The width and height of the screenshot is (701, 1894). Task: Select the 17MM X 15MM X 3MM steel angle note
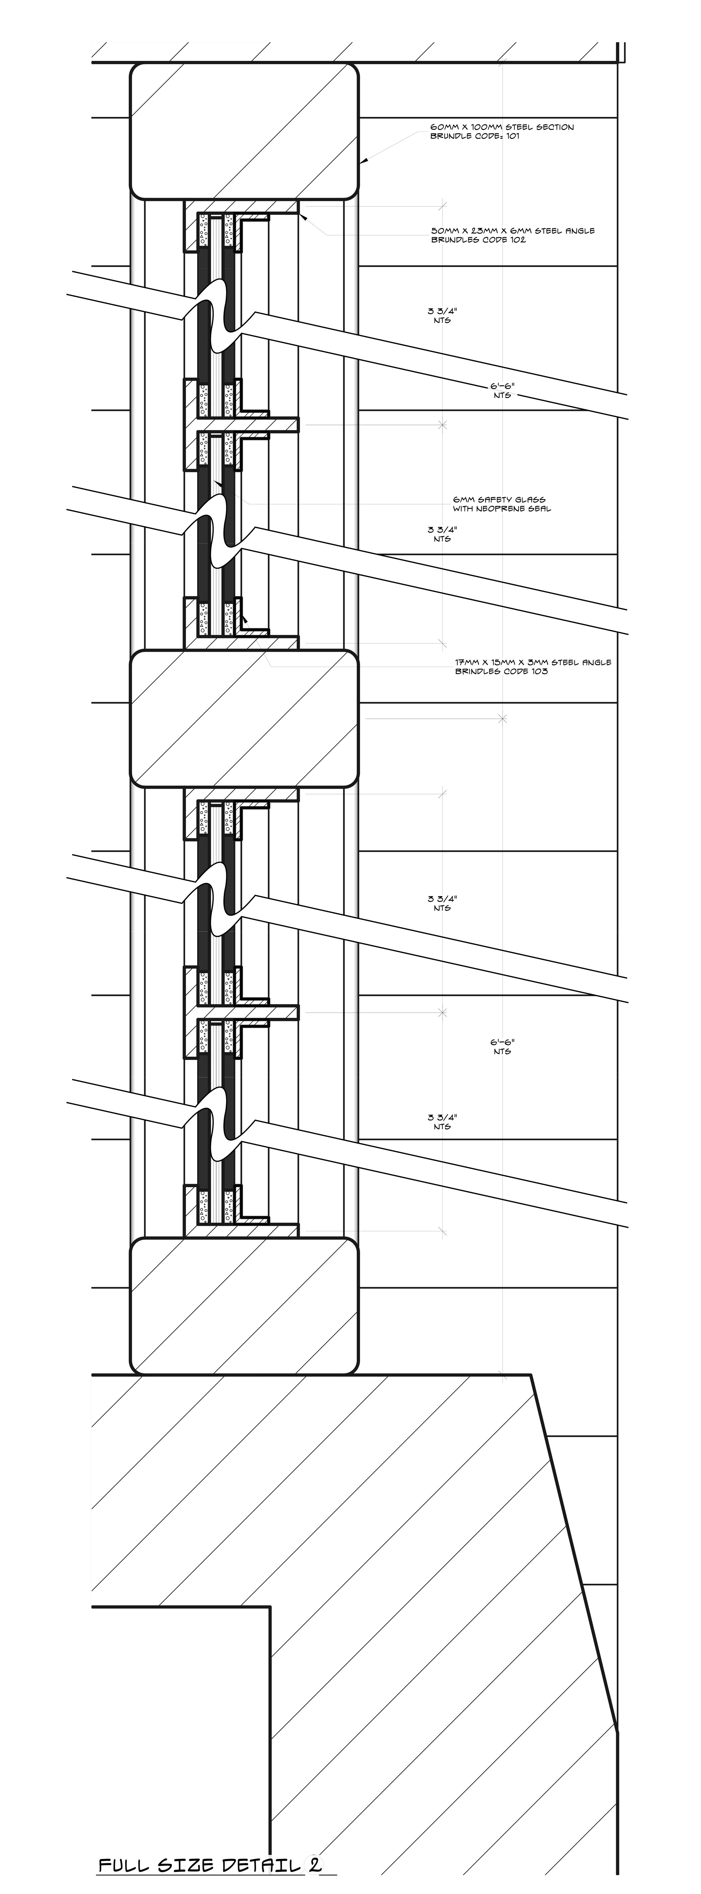533,662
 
